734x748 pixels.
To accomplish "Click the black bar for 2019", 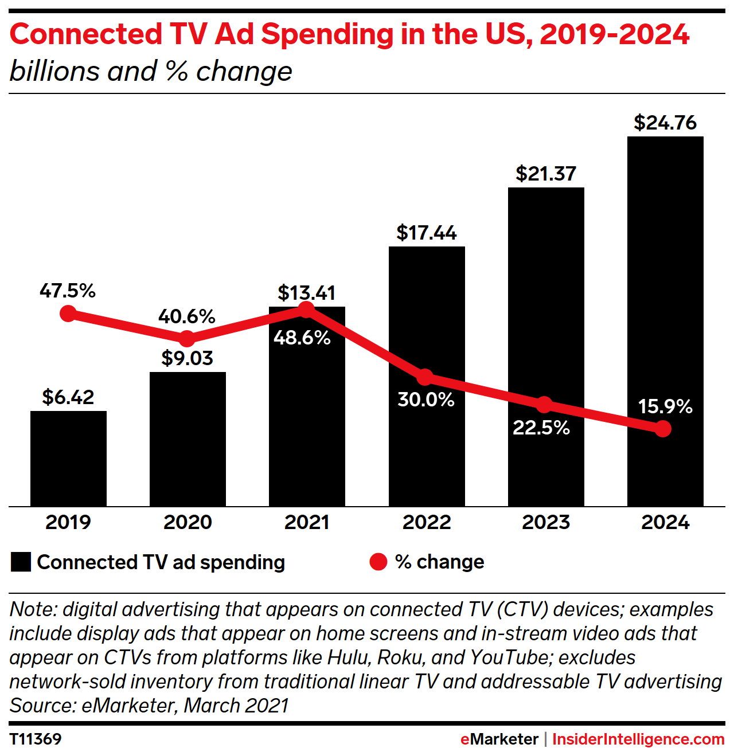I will (x=68, y=459).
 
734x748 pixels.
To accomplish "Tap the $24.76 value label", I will (x=665, y=123).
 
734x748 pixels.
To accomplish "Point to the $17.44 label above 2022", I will (x=427, y=233).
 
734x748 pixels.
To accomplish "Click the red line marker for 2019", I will (x=68, y=314).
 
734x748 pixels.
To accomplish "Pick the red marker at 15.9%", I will (x=663, y=429).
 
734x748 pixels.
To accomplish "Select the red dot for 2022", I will (x=425, y=377).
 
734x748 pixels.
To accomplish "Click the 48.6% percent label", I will (x=302, y=338).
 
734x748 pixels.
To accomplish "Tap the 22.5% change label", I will (x=541, y=428).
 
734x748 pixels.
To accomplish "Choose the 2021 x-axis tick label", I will (x=307, y=522).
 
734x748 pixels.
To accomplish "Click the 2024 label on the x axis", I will (x=665, y=522).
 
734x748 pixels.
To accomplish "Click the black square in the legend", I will (x=21, y=562).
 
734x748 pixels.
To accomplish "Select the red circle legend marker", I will (x=378, y=562).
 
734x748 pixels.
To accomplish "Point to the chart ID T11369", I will (x=36, y=739).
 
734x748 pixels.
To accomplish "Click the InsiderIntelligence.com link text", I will (x=638, y=739).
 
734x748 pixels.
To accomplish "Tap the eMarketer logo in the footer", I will (x=499, y=739).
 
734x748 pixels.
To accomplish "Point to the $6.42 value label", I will (x=68, y=397).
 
